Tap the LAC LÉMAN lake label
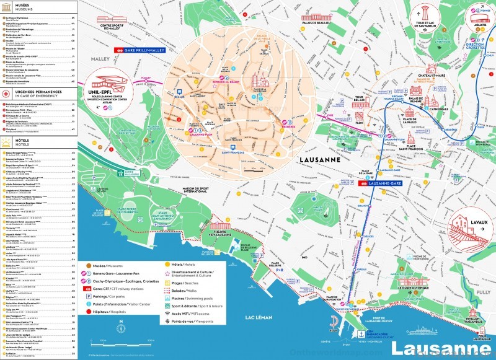[259, 317]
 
